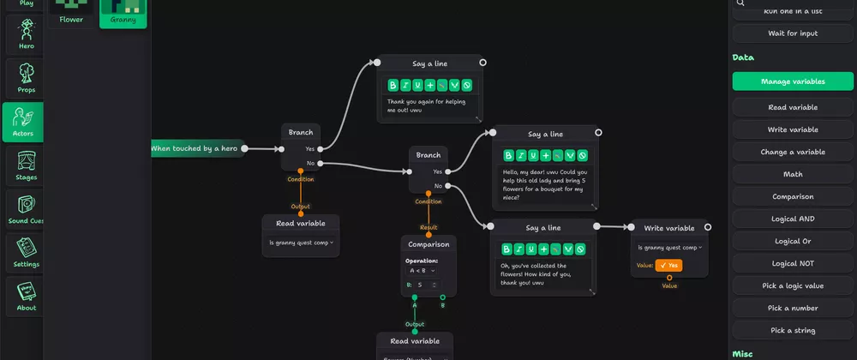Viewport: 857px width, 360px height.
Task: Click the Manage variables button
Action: pos(793,81)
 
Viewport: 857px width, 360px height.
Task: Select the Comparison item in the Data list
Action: pos(793,196)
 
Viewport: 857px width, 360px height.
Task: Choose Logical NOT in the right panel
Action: pos(793,263)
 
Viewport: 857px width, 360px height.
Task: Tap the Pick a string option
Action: pos(793,330)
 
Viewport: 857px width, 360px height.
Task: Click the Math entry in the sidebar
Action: pos(793,174)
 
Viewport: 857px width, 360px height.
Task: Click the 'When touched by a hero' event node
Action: pos(195,148)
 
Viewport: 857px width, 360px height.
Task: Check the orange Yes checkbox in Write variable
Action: pos(668,266)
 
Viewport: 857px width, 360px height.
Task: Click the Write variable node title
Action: pos(668,228)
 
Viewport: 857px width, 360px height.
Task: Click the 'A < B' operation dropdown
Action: pos(423,270)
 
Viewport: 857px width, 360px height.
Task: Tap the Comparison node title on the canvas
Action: pos(428,244)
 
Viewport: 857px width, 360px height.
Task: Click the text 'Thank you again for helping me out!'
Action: pos(426,105)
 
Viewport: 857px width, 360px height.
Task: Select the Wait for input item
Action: pos(793,33)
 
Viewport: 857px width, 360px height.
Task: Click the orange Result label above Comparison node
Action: pos(428,227)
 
